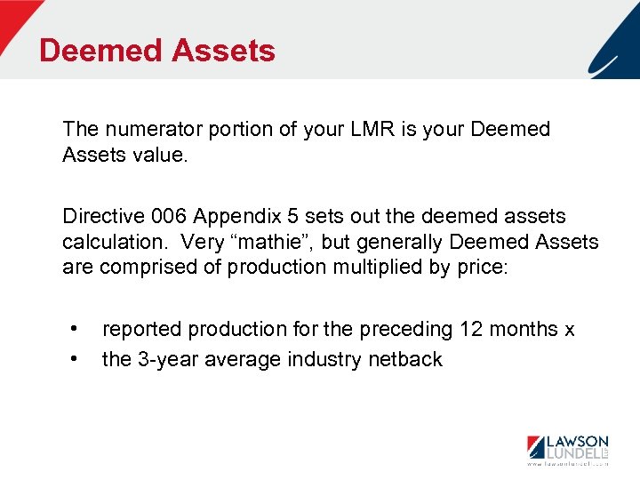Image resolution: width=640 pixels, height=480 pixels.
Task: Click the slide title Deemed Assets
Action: (x=157, y=50)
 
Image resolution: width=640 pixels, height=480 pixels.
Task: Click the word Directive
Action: (x=99, y=216)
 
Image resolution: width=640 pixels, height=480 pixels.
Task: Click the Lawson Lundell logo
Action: (x=568, y=446)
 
